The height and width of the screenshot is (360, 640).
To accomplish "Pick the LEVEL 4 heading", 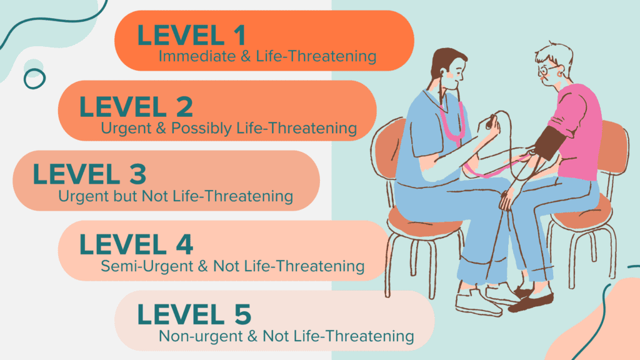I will (x=136, y=244).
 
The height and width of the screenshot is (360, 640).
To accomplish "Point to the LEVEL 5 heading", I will (x=194, y=314).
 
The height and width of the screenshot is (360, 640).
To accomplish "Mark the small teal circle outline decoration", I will (x=34, y=78).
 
